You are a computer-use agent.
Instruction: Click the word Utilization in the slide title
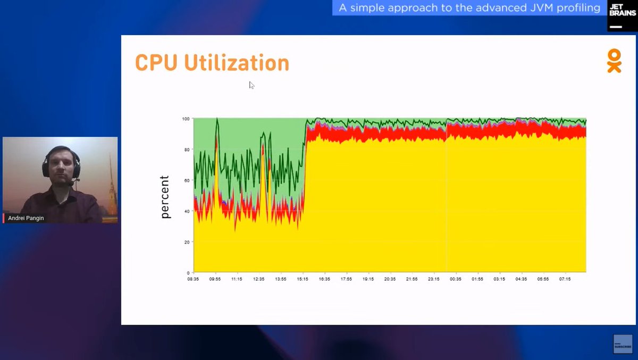(237, 63)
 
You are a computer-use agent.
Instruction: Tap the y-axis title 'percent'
(165, 197)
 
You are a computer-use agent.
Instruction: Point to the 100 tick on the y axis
(186, 118)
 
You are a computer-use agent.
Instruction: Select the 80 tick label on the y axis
(187, 149)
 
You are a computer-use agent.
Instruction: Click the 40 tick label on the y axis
(187, 211)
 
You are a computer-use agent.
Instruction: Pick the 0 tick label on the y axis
(189, 273)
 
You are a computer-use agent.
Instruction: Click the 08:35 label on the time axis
(193, 279)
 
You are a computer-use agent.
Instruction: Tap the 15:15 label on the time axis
(303, 279)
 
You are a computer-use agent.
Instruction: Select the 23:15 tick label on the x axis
(434, 279)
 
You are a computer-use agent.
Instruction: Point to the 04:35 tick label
(521, 279)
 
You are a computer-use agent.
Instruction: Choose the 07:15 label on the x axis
(565, 279)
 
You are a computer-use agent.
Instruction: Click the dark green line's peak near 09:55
(217, 120)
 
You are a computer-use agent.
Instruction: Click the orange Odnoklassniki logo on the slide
(614, 61)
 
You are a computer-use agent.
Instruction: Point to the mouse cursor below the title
(251, 85)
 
